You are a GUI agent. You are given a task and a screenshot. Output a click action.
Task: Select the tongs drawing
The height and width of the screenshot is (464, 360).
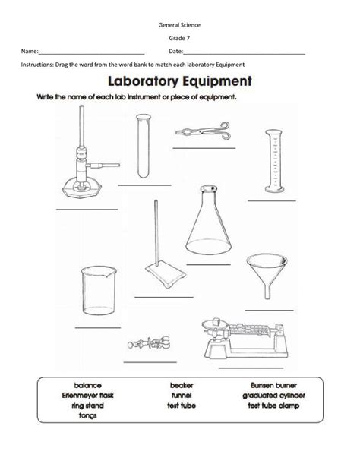201,130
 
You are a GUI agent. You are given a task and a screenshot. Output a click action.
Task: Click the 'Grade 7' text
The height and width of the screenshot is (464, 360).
180,36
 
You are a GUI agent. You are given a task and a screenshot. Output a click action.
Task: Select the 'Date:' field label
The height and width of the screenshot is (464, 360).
175,51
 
